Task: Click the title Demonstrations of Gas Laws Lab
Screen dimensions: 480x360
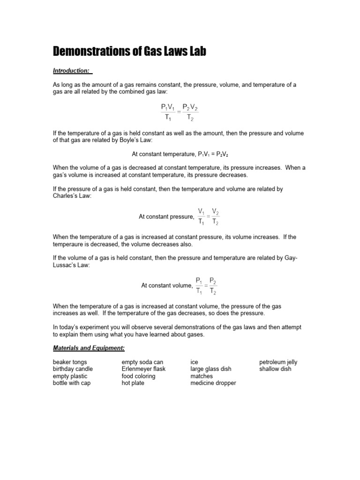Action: coord(129,51)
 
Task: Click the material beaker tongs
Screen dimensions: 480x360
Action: coord(70,362)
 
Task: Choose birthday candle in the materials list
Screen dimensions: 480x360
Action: coord(73,369)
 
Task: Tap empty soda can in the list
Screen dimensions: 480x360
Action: coord(142,362)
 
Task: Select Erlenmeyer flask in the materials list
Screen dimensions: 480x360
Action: coord(143,369)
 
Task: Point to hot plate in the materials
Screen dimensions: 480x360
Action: coord(133,383)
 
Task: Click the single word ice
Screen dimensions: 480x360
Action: coord(194,362)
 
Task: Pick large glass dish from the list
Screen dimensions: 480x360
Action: coord(211,369)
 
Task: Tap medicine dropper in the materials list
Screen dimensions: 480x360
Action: coord(213,383)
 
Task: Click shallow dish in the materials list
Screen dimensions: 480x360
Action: coord(275,369)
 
